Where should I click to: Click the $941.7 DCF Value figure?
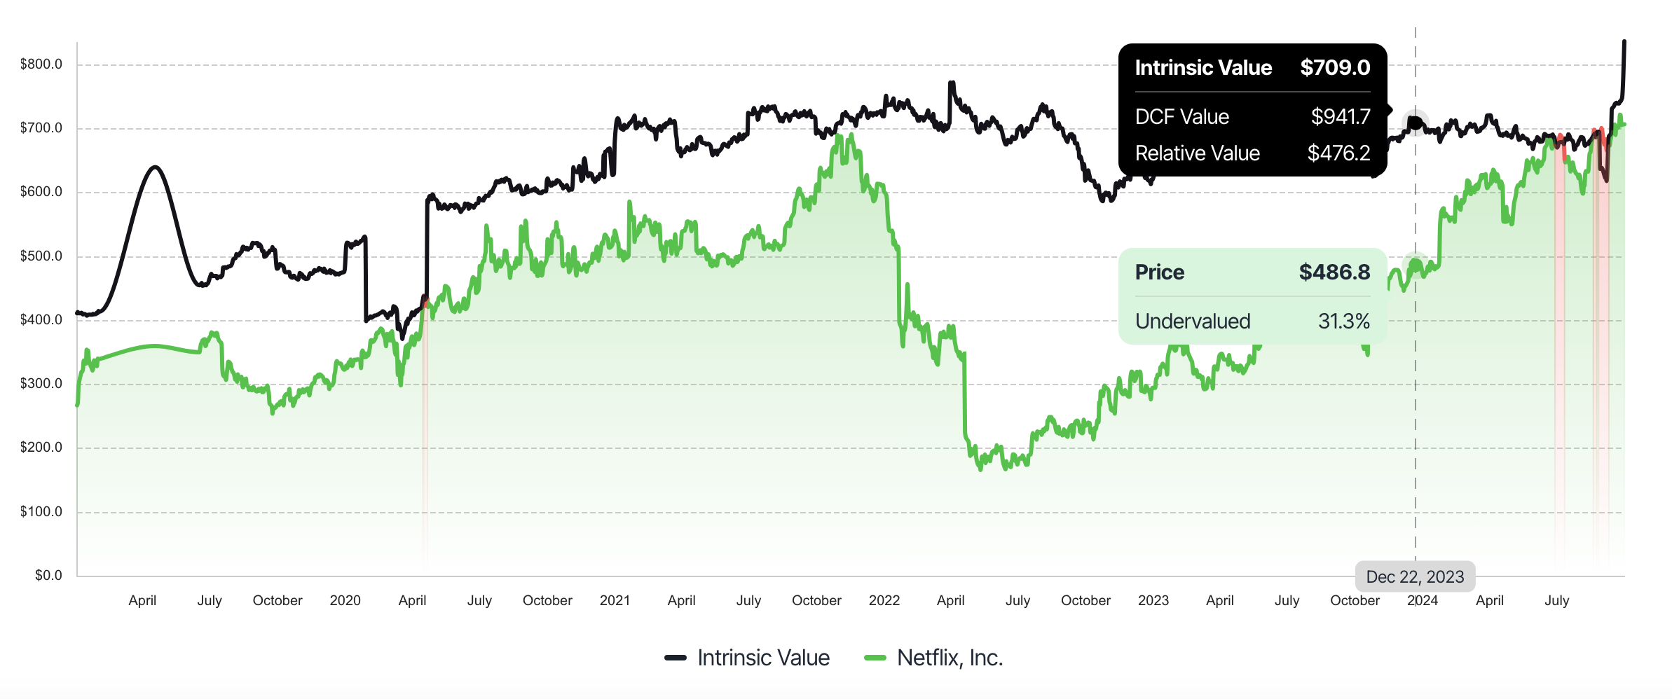pos(1340,117)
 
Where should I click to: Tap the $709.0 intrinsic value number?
pos(1334,68)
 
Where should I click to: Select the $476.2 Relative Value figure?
pos(1338,153)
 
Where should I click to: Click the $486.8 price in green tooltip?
pos(1334,272)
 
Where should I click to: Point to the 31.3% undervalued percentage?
pos(1343,321)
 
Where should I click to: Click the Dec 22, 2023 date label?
pos(1415,576)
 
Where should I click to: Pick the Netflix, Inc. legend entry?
pos(934,658)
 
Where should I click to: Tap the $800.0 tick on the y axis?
pos(41,64)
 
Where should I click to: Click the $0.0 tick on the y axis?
pos(48,575)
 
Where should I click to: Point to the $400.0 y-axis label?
pos(41,320)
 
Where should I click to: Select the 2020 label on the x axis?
pos(345,600)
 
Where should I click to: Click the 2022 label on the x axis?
pos(884,600)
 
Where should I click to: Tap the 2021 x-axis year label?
pos(615,600)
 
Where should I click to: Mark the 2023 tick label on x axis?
pos(1153,600)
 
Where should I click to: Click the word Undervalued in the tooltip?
pos(1192,321)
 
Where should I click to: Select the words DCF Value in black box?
pos(1181,117)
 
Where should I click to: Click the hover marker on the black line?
pos(1415,123)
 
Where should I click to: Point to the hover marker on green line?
pos(1415,265)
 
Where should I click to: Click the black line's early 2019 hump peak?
pos(155,167)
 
